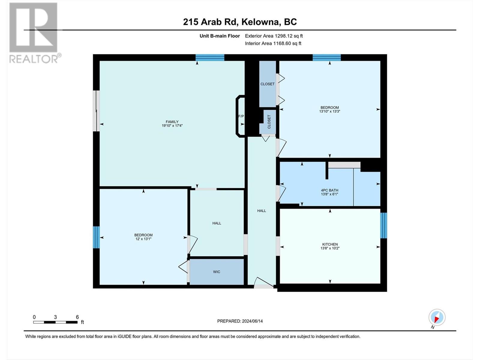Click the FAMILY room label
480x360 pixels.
click(x=172, y=122)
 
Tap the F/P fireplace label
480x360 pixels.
click(x=241, y=116)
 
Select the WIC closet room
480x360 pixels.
click(x=217, y=272)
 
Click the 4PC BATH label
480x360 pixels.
click(x=329, y=190)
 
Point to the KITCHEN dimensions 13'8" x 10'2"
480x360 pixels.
click(x=330, y=248)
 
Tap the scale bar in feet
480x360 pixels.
click(x=55, y=322)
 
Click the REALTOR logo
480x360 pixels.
click(x=34, y=33)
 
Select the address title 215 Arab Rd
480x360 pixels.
click(x=240, y=22)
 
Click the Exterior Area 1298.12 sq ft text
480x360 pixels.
click(x=274, y=36)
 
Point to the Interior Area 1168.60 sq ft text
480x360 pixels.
click(x=273, y=43)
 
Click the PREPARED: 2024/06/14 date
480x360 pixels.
click(x=240, y=321)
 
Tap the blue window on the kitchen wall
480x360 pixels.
click(x=383, y=225)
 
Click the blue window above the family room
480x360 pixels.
click(x=210, y=58)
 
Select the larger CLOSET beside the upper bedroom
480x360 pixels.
click(x=267, y=84)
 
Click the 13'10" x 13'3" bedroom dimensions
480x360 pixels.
click(x=329, y=112)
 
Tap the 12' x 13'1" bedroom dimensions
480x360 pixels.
click(x=143, y=239)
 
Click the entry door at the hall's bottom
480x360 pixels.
click(x=263, y=283)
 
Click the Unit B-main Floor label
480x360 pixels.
click(x=220, y=36)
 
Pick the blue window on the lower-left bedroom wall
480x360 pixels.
click(x=96, y=237)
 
